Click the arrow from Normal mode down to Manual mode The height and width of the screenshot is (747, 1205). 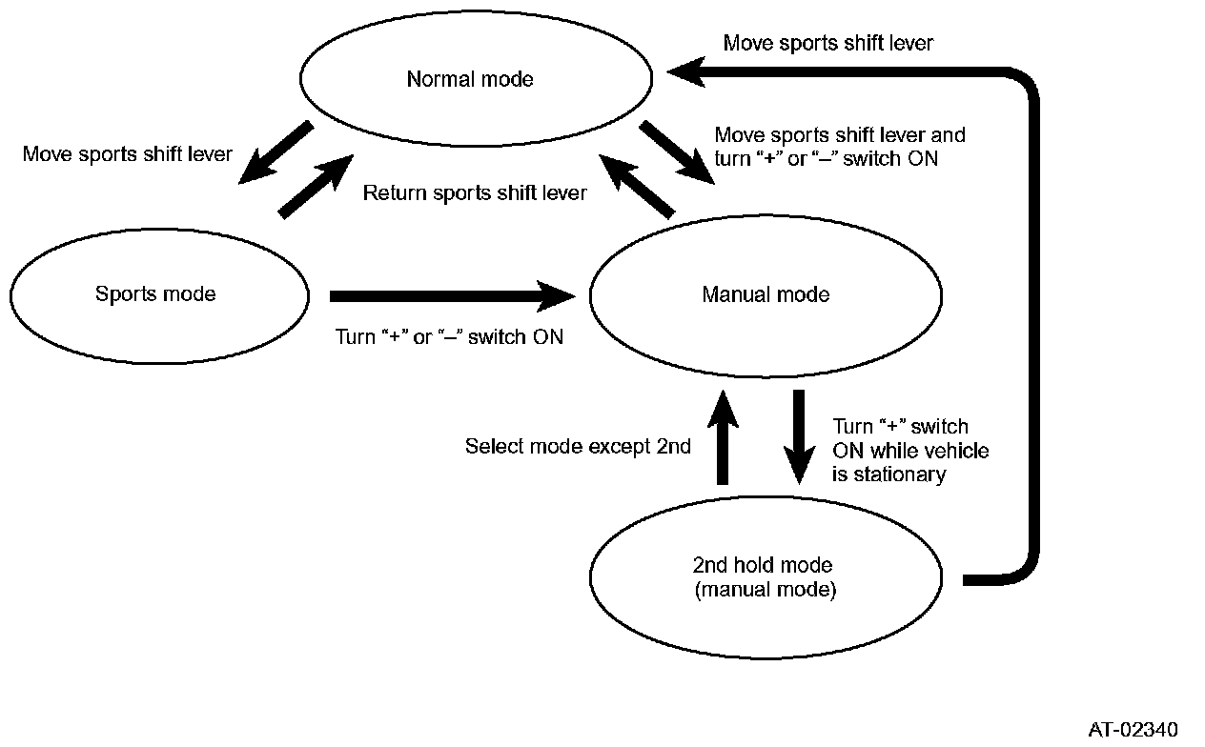click(676, 151)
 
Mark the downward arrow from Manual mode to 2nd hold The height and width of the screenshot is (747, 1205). click(799, 436)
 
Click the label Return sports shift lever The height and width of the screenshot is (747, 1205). click(475, 193)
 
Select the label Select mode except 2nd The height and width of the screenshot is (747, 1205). click(578, 446)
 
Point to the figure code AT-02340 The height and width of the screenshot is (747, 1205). click(1133, 730)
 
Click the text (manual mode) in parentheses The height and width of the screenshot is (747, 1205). click(765, 590)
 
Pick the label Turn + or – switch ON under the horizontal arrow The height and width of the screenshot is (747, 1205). click(449, 336)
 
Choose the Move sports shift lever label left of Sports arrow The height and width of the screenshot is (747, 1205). click(128, 154)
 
